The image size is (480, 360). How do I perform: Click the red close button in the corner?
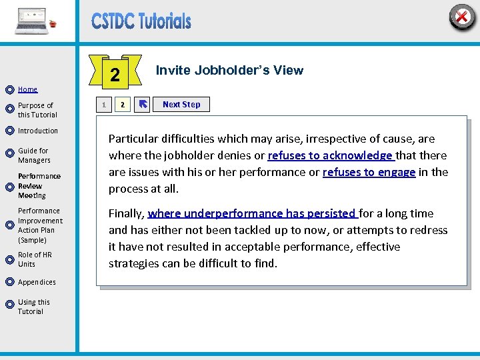coord(461,16)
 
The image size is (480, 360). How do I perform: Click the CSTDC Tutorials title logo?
coord(141,21)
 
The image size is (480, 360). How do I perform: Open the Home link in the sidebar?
coord(27,89)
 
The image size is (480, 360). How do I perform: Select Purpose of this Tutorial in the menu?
coord(37,110)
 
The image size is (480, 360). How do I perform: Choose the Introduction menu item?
coord(37,131)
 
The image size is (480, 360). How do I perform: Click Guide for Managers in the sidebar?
coord(34,155)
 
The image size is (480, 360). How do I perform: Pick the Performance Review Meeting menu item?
coord(39,186)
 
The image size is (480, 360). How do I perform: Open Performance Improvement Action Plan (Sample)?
coord(40,225)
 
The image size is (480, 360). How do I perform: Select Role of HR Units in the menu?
coord(35,259)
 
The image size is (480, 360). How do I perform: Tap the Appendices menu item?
coord(37,282)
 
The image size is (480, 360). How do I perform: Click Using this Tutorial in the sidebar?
coord(33,307)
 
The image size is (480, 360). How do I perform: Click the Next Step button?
coord(181,105)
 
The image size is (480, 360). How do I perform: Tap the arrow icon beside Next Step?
coord(143,105)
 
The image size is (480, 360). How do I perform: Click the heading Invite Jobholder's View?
coord(229,71)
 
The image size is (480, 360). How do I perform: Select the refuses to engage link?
coord(369,172)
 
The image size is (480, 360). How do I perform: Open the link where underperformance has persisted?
coord(253,213)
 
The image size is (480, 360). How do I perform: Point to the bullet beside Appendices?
coord(9,283)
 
